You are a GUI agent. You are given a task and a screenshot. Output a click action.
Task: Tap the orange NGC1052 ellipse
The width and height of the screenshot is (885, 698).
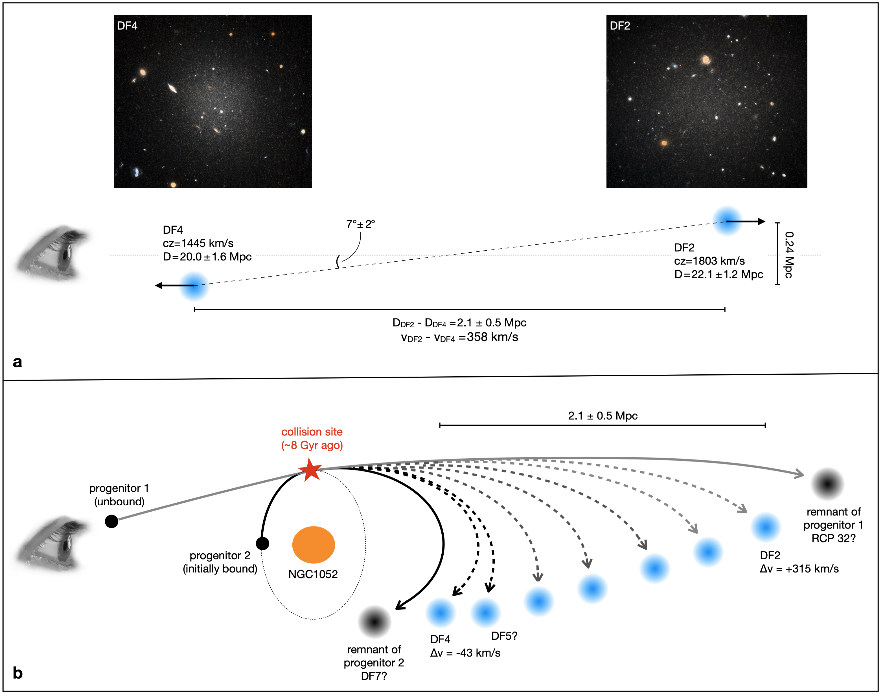[314, 545]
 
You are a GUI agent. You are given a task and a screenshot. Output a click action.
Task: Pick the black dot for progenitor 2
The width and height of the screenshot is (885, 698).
[262, 544]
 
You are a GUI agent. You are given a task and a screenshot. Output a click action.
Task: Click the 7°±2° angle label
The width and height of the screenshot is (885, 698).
[360, 224]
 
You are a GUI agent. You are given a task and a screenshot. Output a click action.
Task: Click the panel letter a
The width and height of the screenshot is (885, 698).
[17, 362]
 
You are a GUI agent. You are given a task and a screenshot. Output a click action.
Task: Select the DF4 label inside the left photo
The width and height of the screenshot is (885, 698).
[127, 26]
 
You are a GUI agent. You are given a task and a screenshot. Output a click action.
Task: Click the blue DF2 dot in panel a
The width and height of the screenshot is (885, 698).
[727, 221]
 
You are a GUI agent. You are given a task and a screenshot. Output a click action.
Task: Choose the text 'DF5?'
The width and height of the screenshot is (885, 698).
[504, 636]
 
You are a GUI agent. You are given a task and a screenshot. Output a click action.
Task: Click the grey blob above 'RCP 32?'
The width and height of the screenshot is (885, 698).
[827, 484]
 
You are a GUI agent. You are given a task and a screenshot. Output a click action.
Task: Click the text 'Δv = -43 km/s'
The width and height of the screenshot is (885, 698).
[465, 653]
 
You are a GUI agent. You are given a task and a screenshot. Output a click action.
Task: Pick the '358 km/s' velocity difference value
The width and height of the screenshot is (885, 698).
[493, 337]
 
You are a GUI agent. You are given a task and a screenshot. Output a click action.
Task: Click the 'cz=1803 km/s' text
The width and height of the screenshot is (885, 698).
[709, 261]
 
